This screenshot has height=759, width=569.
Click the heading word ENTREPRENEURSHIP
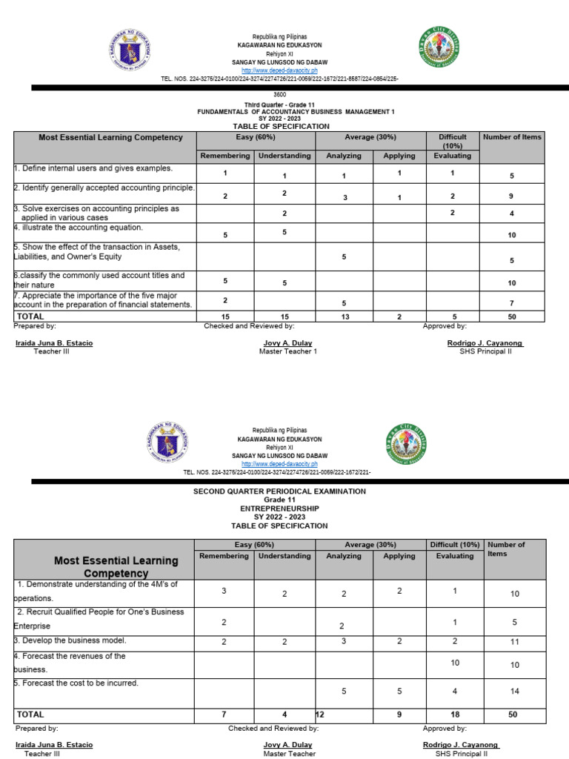pyautogui.click(x=279, y=508)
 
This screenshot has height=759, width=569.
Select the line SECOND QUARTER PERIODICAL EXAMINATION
pyautogui.click(x=279, y=491)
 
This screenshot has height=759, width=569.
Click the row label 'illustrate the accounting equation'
pyautogui.click(x=79, y=228)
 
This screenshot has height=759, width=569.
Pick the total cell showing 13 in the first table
pyautogui.click(x=344, y=316)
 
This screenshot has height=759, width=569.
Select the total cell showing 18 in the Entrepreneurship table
pyautogui.click(x=454, y=715)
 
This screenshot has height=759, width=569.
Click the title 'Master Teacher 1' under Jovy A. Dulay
pyautogui.click(x=287, y=351)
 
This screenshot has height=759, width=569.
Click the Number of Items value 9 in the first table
pyautogui.click(x=511, y=196)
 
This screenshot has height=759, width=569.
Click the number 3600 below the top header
pyautogui.click(x=280, y=95)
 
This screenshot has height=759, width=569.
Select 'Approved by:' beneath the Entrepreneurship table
pyautogui.click(x=445, y=729)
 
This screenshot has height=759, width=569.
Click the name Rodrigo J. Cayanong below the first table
pyautogui.click(x=485, y=343)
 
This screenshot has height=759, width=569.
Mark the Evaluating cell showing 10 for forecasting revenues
pyautogui.click(x=454, y=663)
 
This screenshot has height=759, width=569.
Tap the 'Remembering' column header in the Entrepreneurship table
pyautogui.click(x=224, y=556)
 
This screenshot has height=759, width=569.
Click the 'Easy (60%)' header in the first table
pyautogui.click(x=255, y=137)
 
